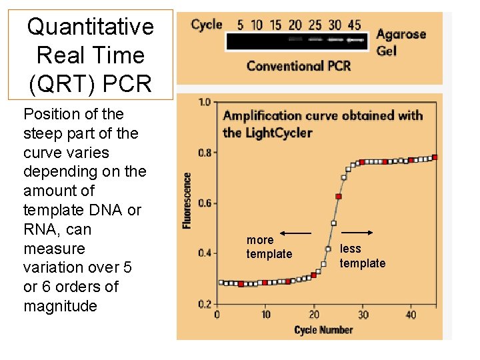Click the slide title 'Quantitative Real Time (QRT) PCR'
click(x=90, y=55)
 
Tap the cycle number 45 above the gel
click(x=355, y=25)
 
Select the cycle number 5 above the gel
click(x=240, y=25)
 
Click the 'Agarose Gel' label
click(x=400, y=41)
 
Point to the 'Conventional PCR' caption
click(x=298, y=65)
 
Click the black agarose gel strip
click(x=297, y=41)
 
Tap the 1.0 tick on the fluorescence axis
click(x=203, y=102)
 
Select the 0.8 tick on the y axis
click(x=203, y=153)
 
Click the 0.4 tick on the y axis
click(x=203, y=253)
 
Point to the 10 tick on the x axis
click(x=265, y=314)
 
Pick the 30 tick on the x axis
click(x=363, y=314)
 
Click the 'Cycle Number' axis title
click(x=323, y=329)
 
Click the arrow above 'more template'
click(x=295, y=233)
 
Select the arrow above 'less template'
click(x=361, y=233)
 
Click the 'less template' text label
click(x=362, y=256)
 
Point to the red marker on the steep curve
click(x=339, y=197)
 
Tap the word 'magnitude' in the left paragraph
click(x=60, y=306)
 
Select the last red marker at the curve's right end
click(x=435, y=157)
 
